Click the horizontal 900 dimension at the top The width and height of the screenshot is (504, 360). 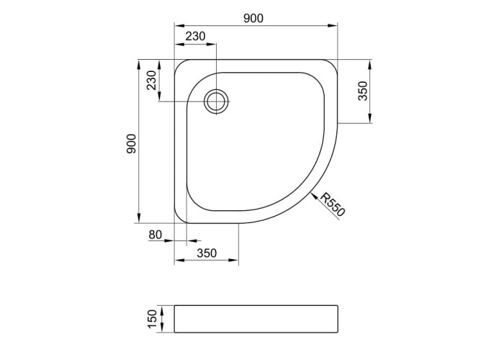[253, 18]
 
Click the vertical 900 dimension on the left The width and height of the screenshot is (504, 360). [132, 144]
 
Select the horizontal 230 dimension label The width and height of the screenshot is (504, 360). [195, 36]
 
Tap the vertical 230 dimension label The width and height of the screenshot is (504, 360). [151, 81]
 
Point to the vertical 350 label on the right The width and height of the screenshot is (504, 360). [363, 91]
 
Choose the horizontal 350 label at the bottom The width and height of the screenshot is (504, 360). [207, 253]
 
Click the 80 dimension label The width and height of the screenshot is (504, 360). [156, 235]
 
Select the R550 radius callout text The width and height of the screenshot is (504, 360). [333, 204]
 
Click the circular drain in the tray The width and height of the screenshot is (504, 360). [217, 102]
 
